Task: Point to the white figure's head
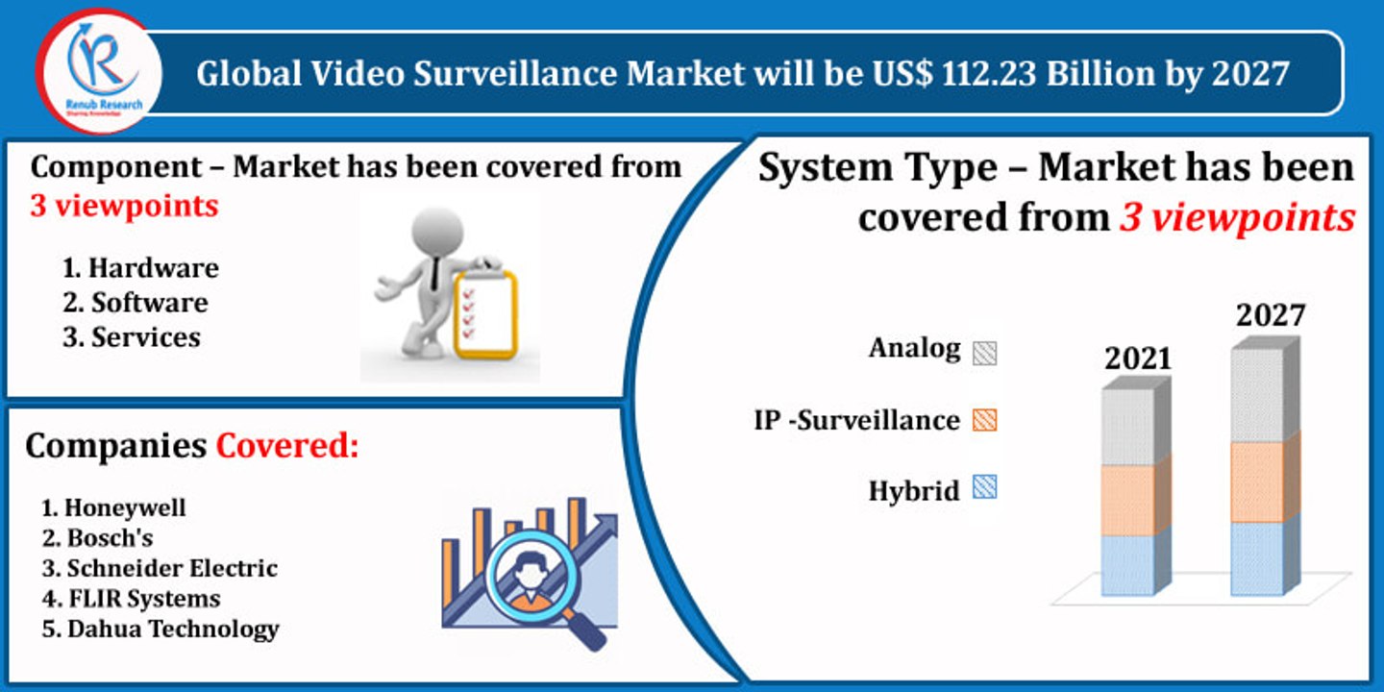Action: tap(436, 232)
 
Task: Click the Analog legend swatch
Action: tap(984, 352)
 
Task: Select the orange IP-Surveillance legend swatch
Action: tap(984, 420)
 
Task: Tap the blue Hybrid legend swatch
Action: tap(984, 488)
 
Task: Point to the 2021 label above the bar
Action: tap(1138, 358)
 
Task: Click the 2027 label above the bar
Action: tap(1271, 315)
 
